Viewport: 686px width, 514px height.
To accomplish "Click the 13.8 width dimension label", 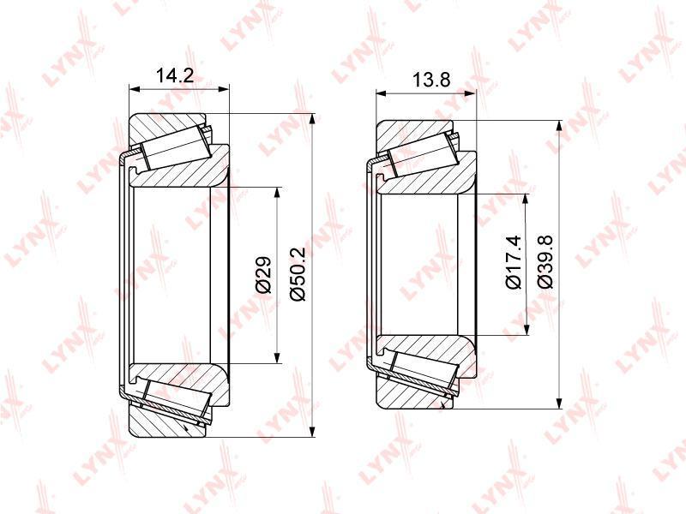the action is coord(431,80).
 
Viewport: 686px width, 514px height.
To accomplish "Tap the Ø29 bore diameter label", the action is coord(264,274).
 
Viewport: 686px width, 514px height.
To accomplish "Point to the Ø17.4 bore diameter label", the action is coord(514,262).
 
